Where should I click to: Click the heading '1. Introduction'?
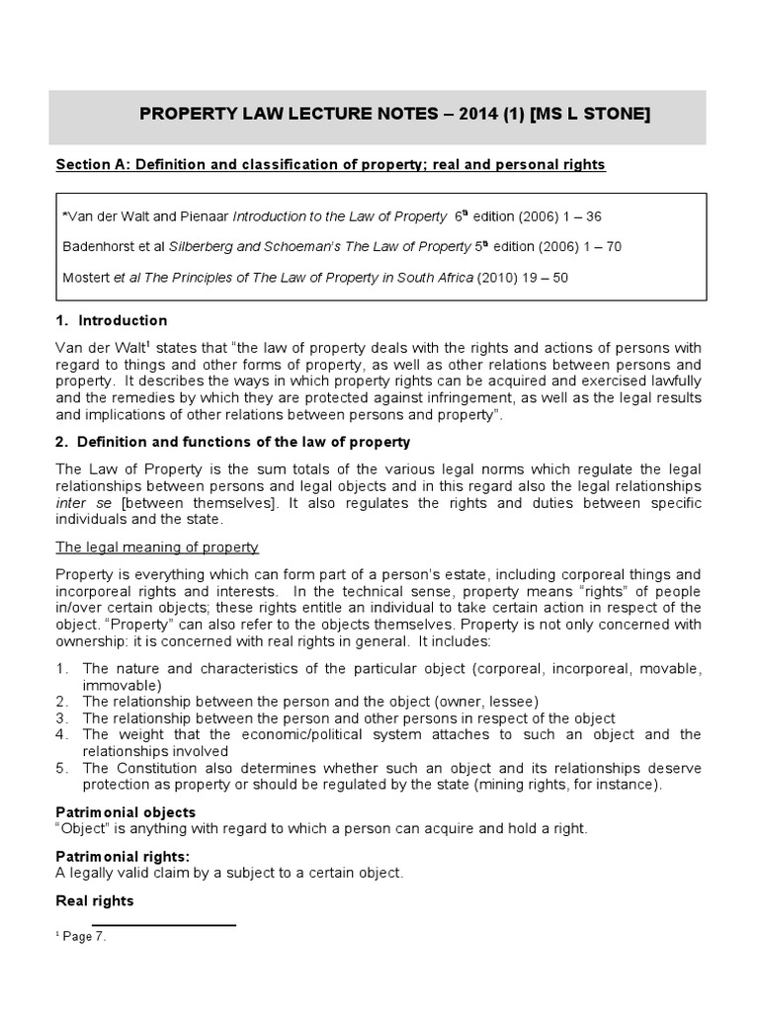point(111,320)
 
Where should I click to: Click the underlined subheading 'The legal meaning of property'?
point(157,547)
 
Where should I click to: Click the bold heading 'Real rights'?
point(95,901)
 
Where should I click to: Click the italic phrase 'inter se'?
point(77,503)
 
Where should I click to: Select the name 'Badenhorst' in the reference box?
point(104,246)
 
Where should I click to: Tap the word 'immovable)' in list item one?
point(118,685)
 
